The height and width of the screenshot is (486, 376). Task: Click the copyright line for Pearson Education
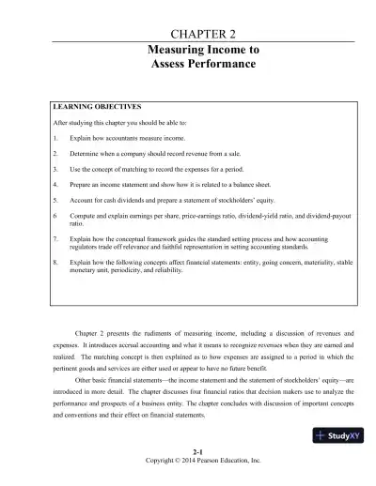click(187, 478)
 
